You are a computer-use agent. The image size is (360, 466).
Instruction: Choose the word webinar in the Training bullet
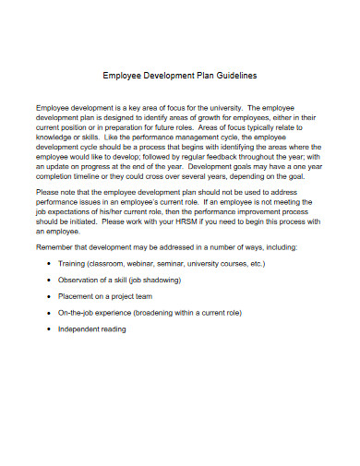point(161,263)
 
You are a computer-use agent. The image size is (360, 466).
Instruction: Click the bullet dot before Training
point(48,263)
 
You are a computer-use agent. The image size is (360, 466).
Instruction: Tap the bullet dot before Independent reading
point(48,329)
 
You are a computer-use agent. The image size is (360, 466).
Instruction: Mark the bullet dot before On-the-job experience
point(48,313)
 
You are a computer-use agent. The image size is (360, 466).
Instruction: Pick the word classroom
point(117,263)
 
